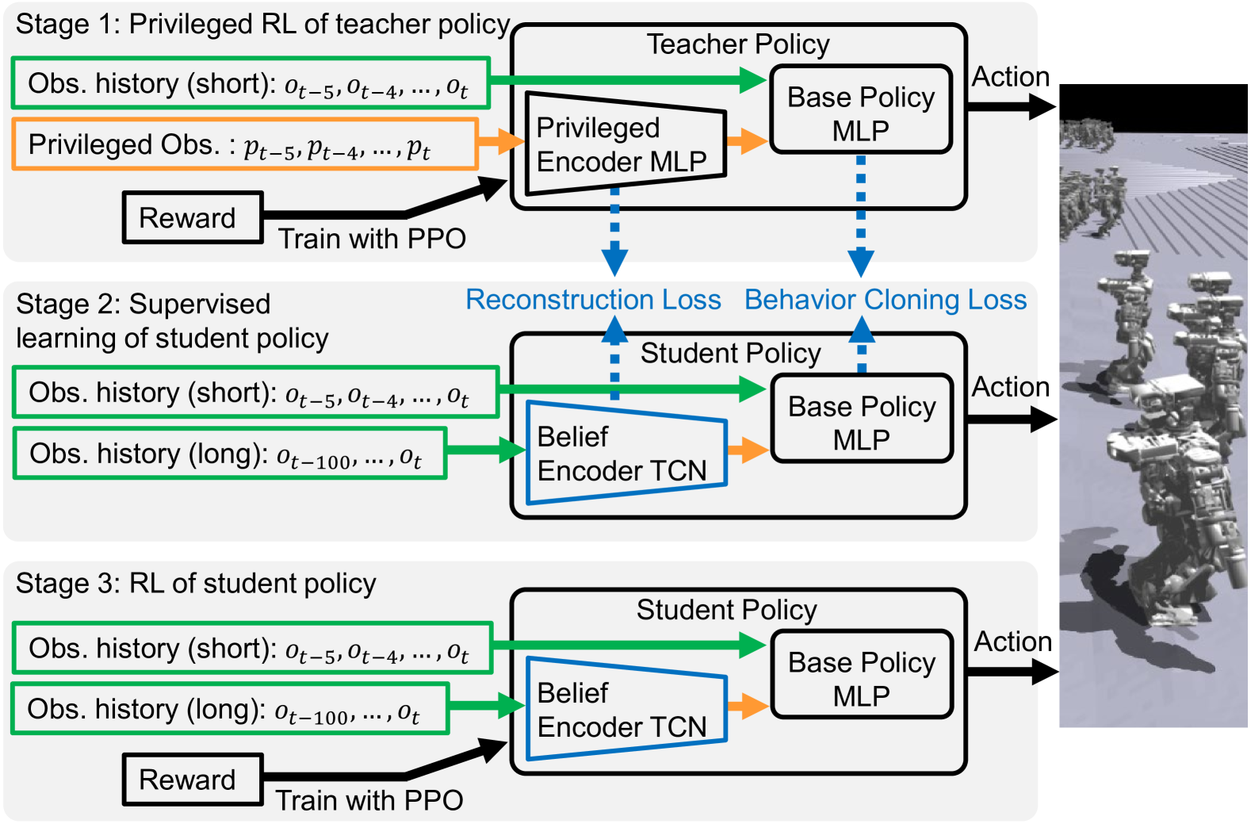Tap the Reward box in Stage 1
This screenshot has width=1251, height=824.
coord(193,217)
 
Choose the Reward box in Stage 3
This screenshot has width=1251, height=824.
coord(193,779)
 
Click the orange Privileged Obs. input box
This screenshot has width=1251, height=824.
coord(245,144)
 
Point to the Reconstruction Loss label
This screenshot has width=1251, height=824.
coord(593,300)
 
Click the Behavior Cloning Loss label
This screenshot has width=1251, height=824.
coord(885,300)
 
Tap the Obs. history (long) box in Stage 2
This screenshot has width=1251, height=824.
coord(230,454)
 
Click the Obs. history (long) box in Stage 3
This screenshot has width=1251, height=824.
coord(230,709)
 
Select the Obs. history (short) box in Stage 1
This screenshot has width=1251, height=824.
coord(251,83)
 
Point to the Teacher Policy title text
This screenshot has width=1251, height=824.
coord(738,44)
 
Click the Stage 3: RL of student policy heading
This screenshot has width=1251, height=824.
coord(196,584)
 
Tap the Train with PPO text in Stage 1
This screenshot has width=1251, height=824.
coord(372,239)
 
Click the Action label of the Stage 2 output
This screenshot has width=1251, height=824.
coord(1011,387)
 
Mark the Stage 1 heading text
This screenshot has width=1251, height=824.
coord(262,25)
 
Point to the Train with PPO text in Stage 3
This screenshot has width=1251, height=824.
coord(369,800)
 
